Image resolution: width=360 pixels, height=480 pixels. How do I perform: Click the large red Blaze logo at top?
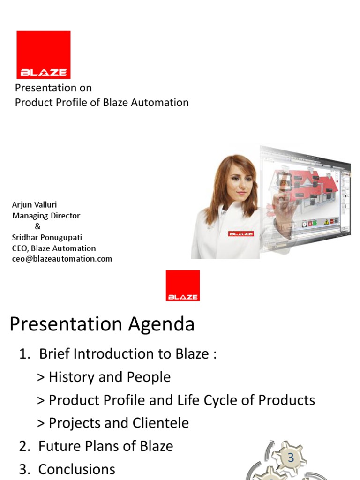pyautogui.click(x=44, y=54)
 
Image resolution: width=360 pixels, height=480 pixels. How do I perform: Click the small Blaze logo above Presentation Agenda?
pyautogui.click(x=182, y=285)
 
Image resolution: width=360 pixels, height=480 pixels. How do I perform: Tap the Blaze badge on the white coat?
pyautogui.click(x=241, y=233)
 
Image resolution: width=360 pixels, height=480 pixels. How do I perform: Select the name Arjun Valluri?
pyautogui.click(x=34, y=205)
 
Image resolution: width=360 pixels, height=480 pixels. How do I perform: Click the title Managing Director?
pyautogui.click(x=46, y=216)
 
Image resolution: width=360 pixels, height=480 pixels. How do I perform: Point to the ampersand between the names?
pyautogui.click(x=38, y=226)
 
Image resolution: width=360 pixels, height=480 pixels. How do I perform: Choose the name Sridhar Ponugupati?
pyautogui.click(x=47, y=237)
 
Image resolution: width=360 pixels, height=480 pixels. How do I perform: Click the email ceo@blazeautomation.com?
pyautogui.click(x=62, y=259)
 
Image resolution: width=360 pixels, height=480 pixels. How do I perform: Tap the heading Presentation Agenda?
pyautogui.click(x=102, y=324)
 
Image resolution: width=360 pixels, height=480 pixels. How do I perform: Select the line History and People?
pyautogui.click(x=104, y=377)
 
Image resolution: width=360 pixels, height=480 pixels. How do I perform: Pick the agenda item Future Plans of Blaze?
pyautogui.click(x=105, y=446)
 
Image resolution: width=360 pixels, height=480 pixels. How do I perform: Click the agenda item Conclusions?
pyautogui.click(x=76, y=469)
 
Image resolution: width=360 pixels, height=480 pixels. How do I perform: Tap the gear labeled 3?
pyautogui.click(x=291, y=457)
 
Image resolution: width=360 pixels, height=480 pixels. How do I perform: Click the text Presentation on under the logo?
pyautogui.click(x=53, y=88)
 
